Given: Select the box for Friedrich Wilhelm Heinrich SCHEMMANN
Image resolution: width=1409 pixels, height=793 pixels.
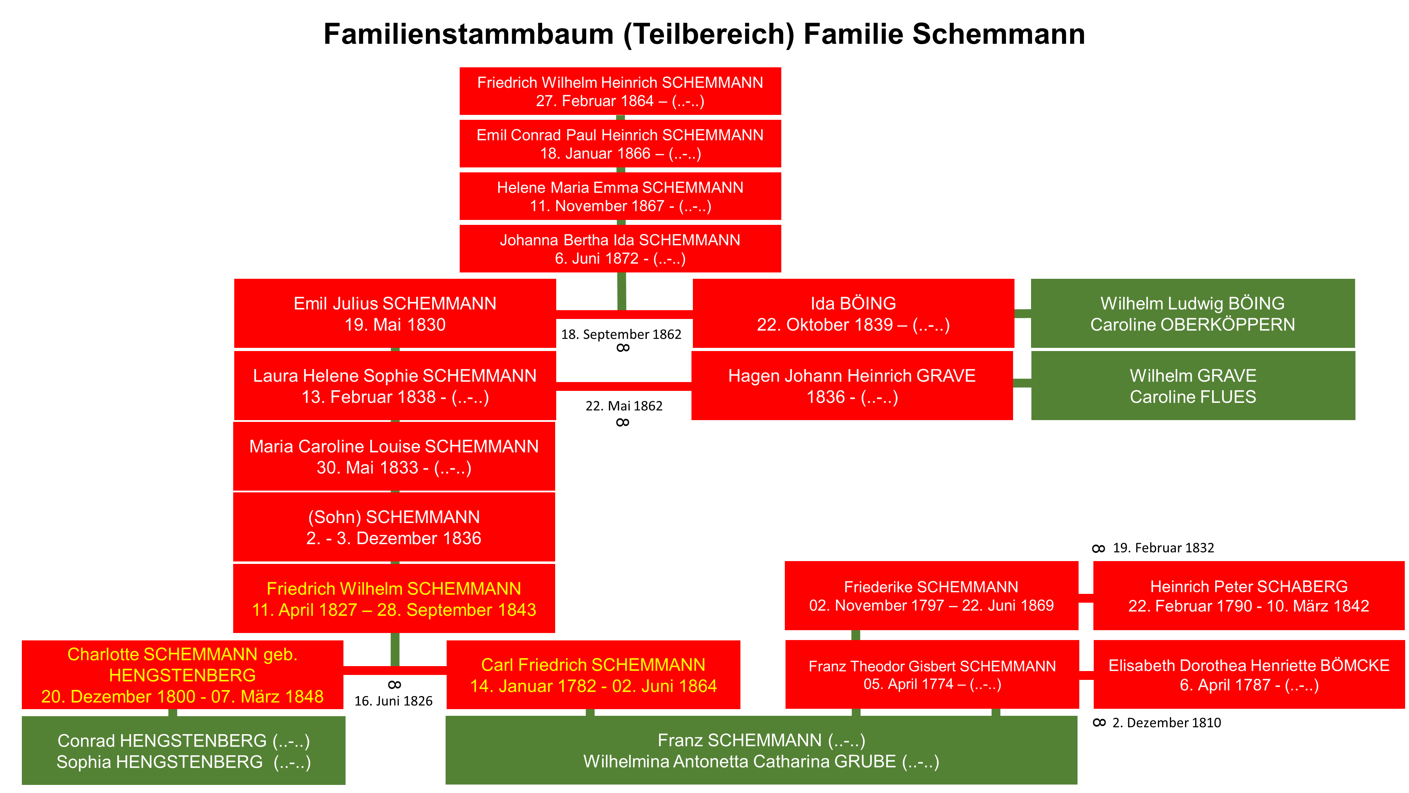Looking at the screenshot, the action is (x=620, y=91).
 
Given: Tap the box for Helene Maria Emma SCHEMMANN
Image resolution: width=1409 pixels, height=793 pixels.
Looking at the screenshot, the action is (x=620, y=196).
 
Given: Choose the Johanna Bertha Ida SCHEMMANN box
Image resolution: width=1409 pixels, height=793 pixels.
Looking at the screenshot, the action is (x=620, y=249).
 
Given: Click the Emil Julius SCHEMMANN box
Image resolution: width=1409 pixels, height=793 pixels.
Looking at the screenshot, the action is (x=395, y=314).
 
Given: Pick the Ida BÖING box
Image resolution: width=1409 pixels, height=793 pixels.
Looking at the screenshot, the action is (x=853, y=314).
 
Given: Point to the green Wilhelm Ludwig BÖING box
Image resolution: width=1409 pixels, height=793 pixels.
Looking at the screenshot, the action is (x=1193, y=314).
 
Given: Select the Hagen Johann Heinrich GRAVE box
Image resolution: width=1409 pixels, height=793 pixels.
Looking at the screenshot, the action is (x=852, y=386).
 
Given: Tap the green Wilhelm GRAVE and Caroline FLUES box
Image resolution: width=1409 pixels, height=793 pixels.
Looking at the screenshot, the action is (x=1193, y=386).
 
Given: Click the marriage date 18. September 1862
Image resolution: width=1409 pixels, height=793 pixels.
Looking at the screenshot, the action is (x=621, y=334).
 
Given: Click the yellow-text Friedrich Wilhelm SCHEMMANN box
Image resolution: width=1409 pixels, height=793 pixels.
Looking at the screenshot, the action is (x=394, y=599).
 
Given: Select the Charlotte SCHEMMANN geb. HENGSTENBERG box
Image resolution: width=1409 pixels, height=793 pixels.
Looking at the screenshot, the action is (x=183, y=675).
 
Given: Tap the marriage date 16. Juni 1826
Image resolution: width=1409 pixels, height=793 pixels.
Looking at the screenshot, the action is (x=393, y=701).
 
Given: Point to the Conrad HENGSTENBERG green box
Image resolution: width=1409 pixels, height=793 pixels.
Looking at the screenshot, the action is (x=184, y=751).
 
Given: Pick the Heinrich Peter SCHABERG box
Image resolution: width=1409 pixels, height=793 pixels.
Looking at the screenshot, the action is (x=1249, y=596).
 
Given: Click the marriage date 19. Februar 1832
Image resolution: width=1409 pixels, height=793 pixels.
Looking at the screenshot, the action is (x=1163, y=548).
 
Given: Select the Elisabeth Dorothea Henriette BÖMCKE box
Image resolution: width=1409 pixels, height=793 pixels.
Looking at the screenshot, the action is (x=1249, y=675).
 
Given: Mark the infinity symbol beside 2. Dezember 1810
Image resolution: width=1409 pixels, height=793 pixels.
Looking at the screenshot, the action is (x=1099, y=723).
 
